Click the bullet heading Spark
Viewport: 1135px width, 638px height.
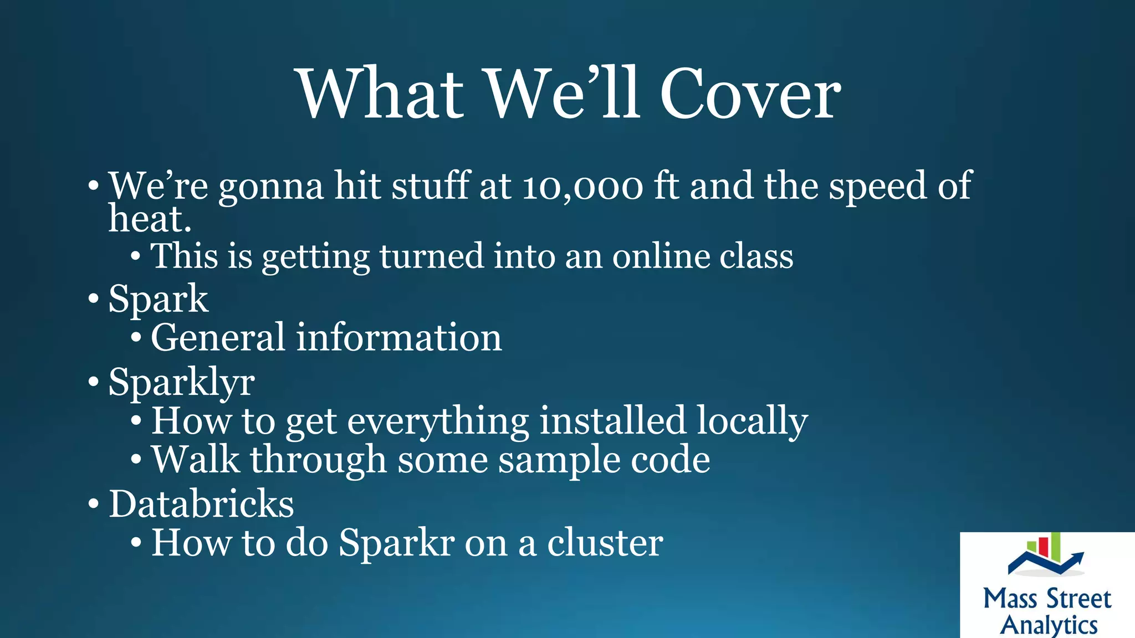[x=159, y=299]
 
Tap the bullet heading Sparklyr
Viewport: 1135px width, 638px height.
[x=182, y=382]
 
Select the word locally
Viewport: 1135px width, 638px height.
[x=752, y=421]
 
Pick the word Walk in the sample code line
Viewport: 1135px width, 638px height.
[x=196, y=460]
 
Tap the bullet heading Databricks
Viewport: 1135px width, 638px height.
[x=201, y=504]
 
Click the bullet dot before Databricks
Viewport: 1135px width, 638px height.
[x=94, y=505]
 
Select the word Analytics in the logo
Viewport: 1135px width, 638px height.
[x=1049, y=625]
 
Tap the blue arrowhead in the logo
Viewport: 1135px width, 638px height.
[x=1077, y=557]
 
